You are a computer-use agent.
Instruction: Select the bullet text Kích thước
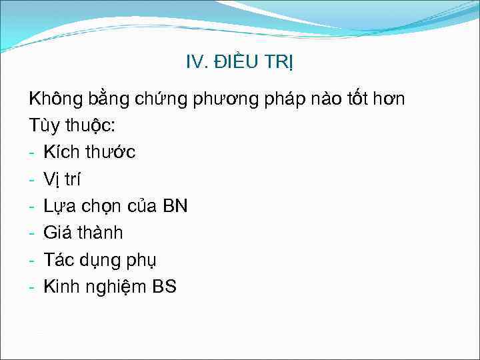click(x=89, y=153)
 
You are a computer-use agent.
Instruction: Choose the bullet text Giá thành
click(x=83, y=233)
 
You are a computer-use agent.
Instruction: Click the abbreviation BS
click(x=165, y=287)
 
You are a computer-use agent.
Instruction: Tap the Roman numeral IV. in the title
click(x=197, y=63)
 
